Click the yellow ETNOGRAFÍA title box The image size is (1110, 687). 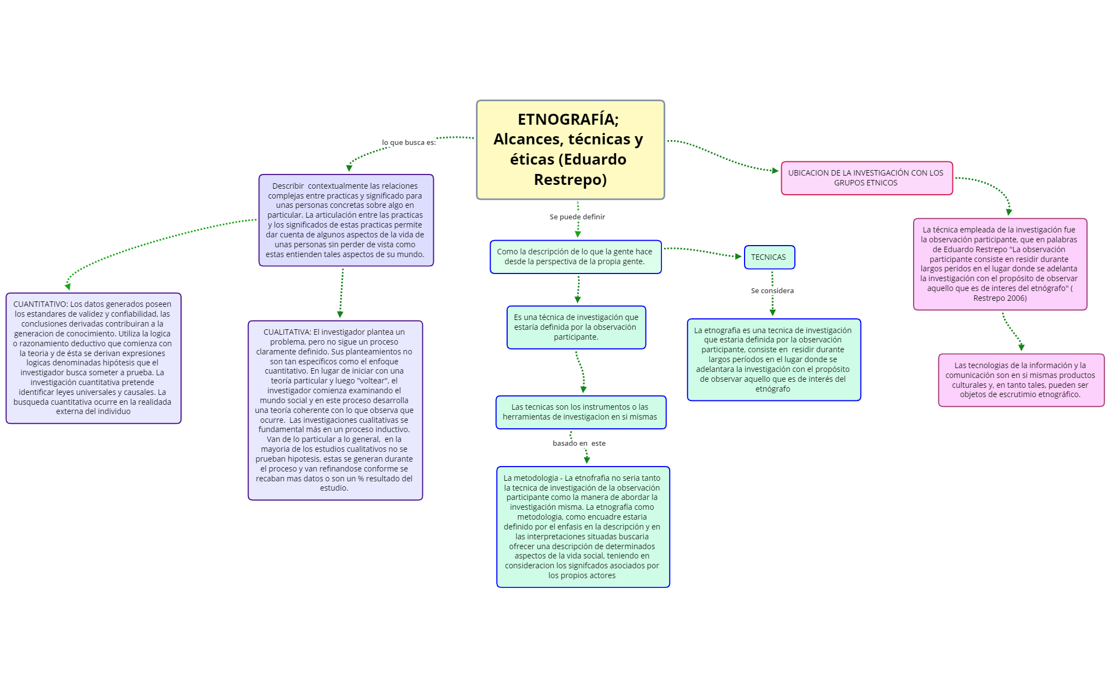coord(570,149)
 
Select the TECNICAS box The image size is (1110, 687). coord(769,257)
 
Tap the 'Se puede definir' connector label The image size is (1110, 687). coord(577,217)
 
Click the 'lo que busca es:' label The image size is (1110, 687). coord(409,143)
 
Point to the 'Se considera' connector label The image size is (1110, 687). coord(772,291)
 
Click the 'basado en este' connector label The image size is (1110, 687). coord(579,444)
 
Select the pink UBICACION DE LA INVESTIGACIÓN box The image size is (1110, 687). coord(866,178)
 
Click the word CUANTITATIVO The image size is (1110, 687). coord(40,304)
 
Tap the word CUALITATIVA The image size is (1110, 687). coord(287,332)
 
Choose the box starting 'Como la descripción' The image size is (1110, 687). coord(575,257)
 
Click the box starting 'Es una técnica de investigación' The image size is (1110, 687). coord(576,327)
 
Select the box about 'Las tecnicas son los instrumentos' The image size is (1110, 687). coord(580,412)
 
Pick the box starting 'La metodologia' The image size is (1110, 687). coord(582,527)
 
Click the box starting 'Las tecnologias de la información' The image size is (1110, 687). coord(1020,380)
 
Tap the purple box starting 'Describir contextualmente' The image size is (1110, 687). coord(345,220)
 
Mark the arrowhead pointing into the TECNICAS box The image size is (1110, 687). coord(739,256)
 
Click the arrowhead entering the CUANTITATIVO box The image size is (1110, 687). coord(67,286)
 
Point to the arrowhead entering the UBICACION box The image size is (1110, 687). coord(775,171)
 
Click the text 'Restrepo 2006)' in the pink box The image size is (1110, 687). coord(999,298)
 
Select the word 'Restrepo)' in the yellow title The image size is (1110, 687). coord(570,180)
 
